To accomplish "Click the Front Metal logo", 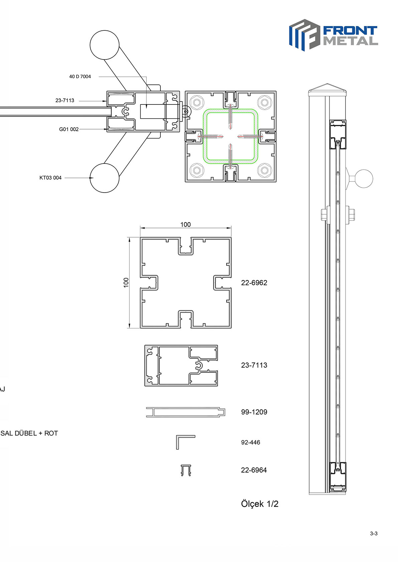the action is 334,35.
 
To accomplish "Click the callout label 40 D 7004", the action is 80,76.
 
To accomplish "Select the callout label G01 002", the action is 69,129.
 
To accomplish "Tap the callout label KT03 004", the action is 50,178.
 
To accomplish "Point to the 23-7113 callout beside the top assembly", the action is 64,100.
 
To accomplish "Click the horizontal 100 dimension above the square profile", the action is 185,225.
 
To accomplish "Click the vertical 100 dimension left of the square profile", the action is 126,283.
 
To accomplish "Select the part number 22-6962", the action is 254,283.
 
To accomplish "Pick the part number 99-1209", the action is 254,412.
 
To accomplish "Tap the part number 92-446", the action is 251,442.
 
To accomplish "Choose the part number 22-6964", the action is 254,470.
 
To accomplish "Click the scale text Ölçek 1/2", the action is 260,504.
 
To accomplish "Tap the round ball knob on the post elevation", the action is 364,179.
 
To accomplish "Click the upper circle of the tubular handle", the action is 105,45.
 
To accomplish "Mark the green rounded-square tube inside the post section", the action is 231,109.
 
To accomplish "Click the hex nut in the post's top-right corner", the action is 264,102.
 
